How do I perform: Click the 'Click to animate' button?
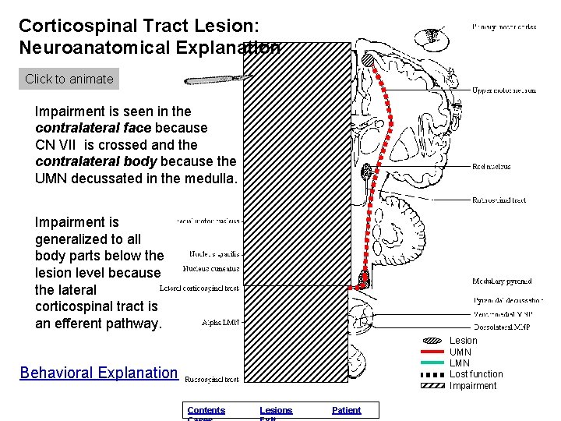click(69, 79)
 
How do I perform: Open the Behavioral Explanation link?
click(99, 373)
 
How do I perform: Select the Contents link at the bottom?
click(206, 410)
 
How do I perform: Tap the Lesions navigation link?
click(276, 410)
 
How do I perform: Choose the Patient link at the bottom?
click(346, 410)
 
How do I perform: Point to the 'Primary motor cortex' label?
click(503, 27)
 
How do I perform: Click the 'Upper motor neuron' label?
click(503, 90)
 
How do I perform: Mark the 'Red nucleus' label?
click(491, 166)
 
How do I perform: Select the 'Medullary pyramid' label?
click(502, 281)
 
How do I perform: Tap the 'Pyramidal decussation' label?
click(508, 300)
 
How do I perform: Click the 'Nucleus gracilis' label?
click(214, 254)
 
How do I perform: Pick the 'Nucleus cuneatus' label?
click(211, 269)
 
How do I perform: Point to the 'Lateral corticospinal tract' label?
click(199, 288)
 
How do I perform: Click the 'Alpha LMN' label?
click(221, 321)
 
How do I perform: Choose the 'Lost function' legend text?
click(476, 374)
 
